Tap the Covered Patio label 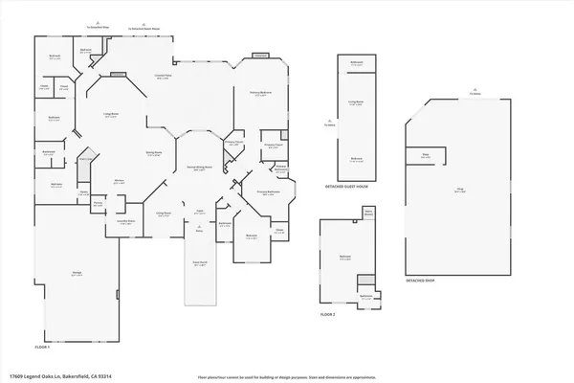(x=164, y=76)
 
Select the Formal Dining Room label (x=199, y=169)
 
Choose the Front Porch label (x=201, y=263)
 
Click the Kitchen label (x=121, y=181)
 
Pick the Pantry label (x=98, y=203)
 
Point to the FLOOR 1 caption (x=42, y=346)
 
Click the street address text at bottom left (x=53, y=374)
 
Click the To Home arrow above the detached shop (x=475, y=93)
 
